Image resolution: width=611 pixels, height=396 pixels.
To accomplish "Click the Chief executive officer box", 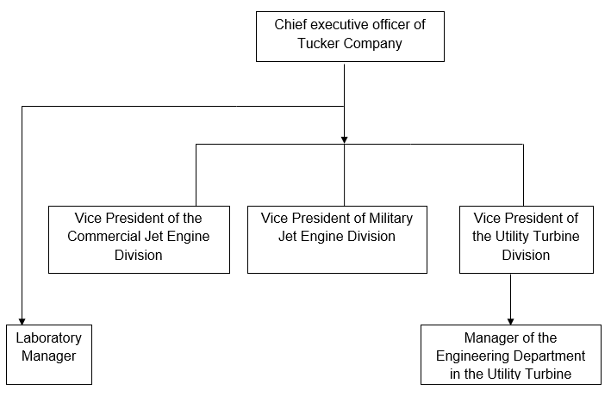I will tap(350, 35).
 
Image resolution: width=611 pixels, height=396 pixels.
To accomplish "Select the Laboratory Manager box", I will tap(48, 354).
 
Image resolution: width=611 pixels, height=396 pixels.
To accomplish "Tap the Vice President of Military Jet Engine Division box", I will tap(337, 239).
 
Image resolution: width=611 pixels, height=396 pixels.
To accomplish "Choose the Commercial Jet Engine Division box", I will tap(139, 239).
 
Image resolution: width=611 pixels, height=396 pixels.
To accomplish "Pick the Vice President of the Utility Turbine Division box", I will tap(526, 239).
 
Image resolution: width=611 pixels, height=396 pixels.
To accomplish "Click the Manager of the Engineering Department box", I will tap(511, 354).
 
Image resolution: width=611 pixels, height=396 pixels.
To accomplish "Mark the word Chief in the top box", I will tap(290, 24).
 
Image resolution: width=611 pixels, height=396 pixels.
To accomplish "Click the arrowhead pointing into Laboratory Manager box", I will tap(22, 319).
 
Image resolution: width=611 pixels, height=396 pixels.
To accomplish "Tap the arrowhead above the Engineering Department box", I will tap(511, 320).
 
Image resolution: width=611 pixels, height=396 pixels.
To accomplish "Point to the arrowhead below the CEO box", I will tap(344, 138).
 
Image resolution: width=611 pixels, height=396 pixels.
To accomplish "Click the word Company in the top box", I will tap(372, 43).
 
